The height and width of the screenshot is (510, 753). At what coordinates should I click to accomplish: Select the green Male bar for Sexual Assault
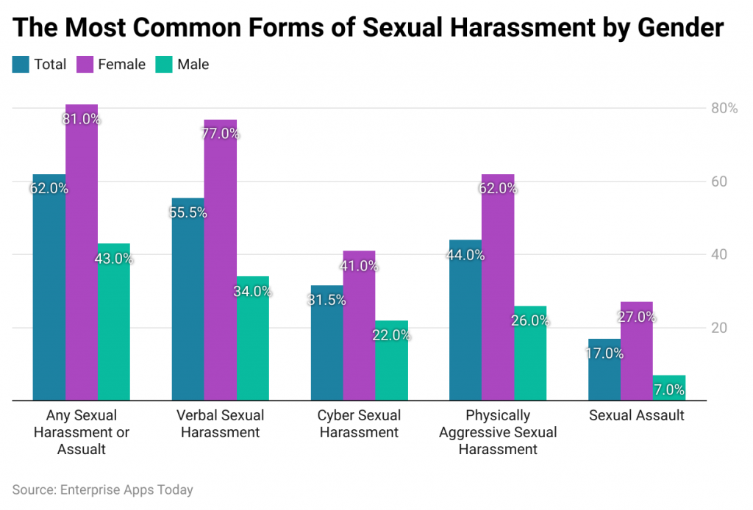coord(668,388)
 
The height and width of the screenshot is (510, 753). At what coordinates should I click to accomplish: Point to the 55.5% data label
coord(188,212)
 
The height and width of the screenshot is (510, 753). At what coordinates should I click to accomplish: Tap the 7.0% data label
coord(668,389)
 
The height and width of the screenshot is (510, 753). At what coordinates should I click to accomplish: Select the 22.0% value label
coord(391,335)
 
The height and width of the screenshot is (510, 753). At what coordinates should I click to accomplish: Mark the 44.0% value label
coord(465,255)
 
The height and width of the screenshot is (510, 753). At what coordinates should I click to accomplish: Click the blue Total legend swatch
coord(21,65)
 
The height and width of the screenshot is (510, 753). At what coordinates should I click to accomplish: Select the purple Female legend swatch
coord(85,65)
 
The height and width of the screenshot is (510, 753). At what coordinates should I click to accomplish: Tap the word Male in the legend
coord(193,65)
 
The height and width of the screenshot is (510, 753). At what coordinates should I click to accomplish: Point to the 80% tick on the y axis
coord(723,109)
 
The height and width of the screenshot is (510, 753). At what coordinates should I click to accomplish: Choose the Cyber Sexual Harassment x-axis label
coord(359,424)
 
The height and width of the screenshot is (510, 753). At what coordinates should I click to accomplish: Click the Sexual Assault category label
coord(636,416)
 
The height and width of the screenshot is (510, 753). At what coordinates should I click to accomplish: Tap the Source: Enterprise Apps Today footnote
coord(102,489)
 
